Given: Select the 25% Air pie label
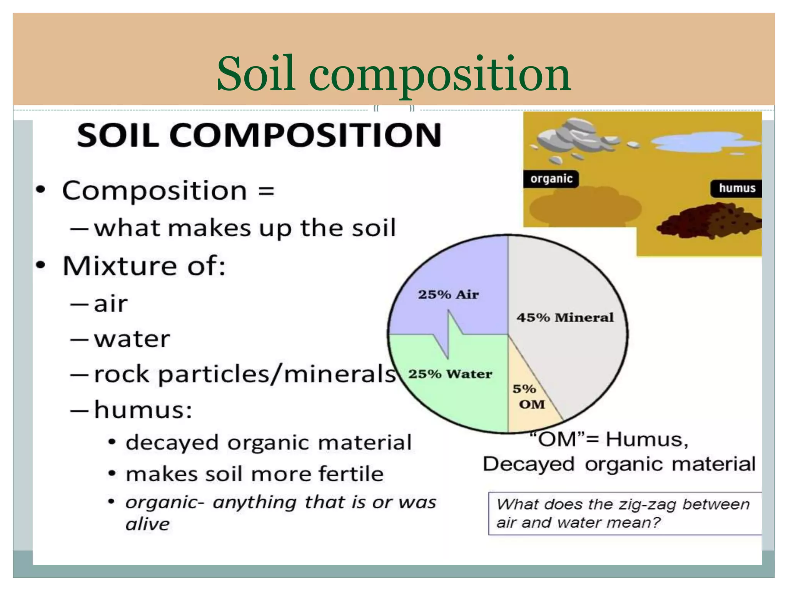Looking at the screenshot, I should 448,294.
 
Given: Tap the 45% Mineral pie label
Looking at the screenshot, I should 565,317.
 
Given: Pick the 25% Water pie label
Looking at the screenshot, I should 450,374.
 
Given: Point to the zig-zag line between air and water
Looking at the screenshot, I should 449,334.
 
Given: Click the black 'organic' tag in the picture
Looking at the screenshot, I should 551,179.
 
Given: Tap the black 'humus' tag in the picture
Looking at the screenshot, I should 737,188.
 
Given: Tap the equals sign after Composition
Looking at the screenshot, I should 266,191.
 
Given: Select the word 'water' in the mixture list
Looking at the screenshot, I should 132,339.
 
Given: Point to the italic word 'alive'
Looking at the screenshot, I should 147,524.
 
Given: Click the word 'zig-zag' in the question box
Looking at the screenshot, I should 646,504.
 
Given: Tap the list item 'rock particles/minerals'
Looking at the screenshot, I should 244,374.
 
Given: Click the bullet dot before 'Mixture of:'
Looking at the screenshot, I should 41,265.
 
